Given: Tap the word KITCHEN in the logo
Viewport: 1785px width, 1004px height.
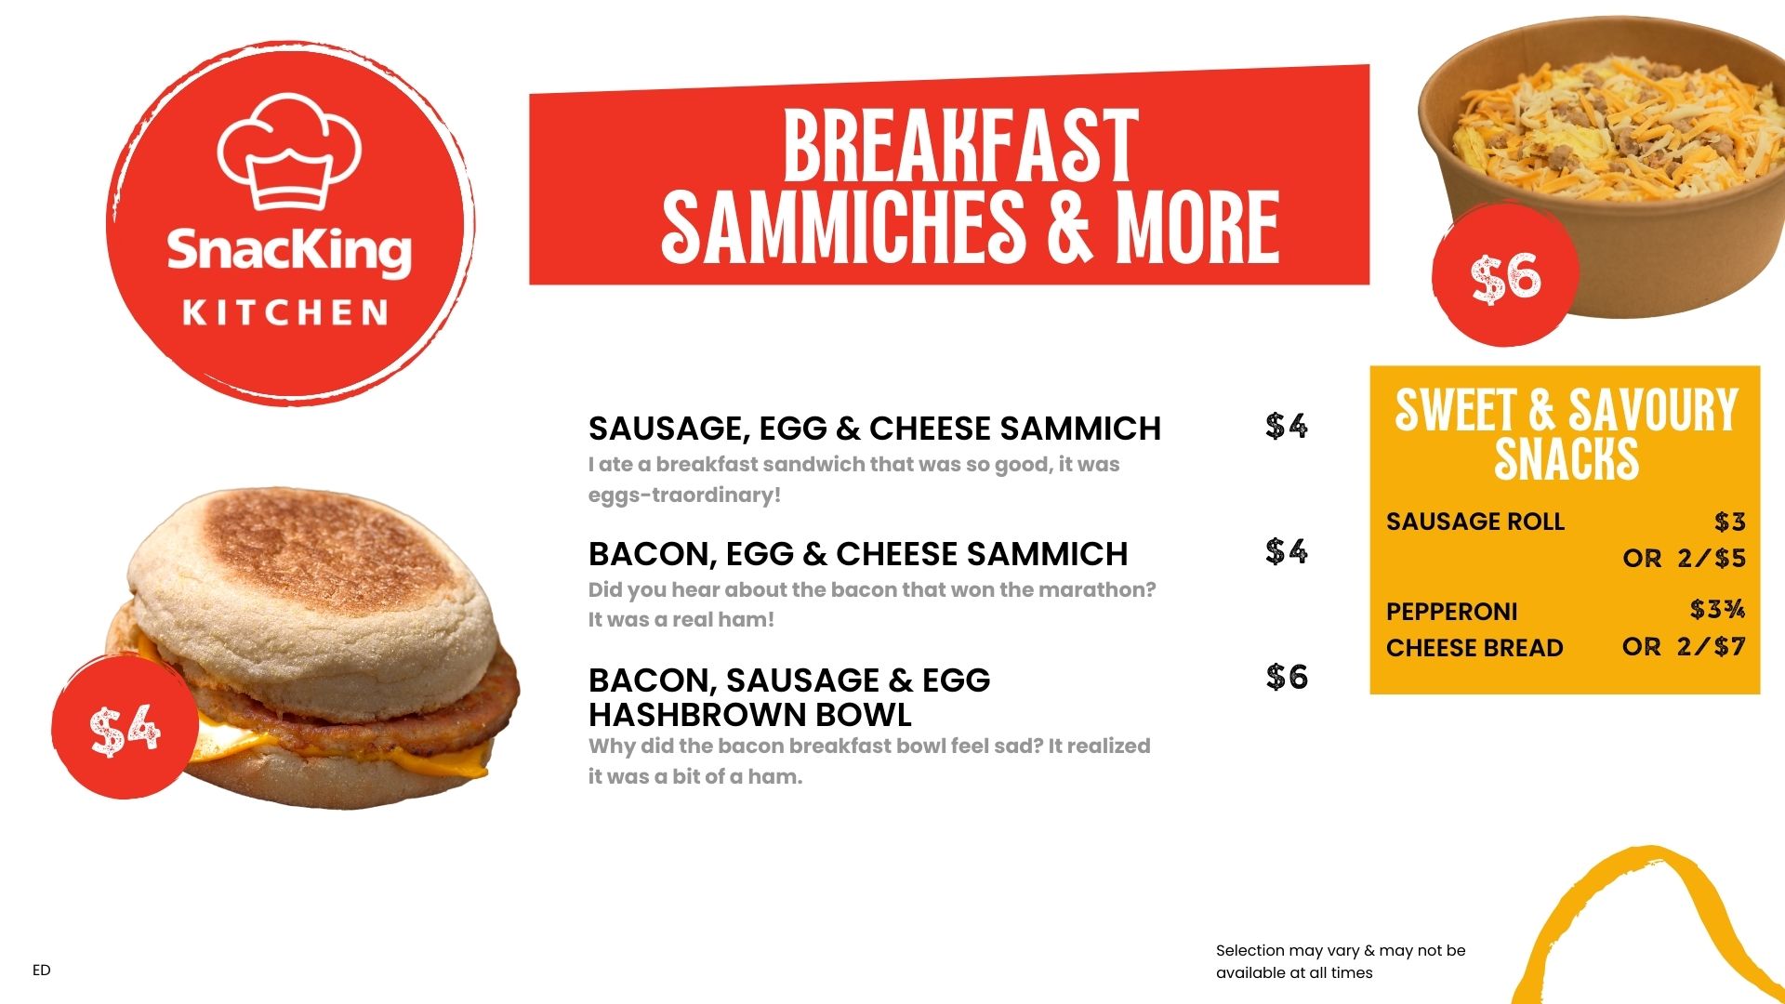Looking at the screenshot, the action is click(285, 312).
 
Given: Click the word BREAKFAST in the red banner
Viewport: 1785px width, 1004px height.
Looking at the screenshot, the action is click(960, 147).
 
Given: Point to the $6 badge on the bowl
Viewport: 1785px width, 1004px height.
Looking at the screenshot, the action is click(1505, 275).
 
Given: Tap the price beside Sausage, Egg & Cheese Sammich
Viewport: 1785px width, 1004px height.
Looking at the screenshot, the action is click(1287, 426).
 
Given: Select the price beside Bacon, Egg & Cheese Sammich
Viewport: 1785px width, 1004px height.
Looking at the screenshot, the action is click(1287, 551).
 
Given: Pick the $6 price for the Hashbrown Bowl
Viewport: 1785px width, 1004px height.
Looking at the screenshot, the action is click(1287, 677).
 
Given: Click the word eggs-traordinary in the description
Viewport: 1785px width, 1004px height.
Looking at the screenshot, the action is click(684, 495).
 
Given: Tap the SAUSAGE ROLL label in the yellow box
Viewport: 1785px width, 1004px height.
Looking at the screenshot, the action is click(1475, 522).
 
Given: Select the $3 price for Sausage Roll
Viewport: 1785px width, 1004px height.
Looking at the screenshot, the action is click(1730, 522).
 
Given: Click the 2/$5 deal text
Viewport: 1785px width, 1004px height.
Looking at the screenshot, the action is click(1712, 558).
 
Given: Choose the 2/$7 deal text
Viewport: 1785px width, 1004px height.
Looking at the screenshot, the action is click(1712, 646).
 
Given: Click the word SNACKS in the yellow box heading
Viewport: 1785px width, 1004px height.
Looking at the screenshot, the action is click(1567, 458).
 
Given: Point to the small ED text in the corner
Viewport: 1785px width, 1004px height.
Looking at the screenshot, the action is click(42, 970).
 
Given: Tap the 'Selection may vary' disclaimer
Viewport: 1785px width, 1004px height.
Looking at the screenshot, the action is click(1341, 961).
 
